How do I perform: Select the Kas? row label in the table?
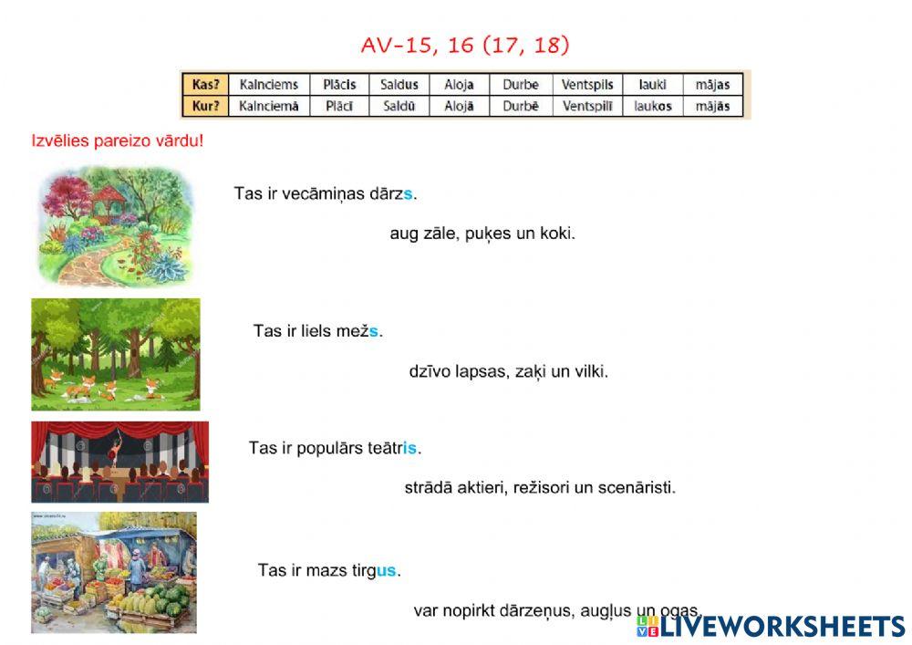pyautogui.click(x=203, y=84)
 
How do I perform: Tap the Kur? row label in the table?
pyautogui.click(x=203, y=106)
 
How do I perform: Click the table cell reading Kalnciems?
pyautogui.click(x=268, y=84)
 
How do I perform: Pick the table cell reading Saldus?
pyautogui.click(x=399, y=84)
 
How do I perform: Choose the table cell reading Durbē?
pyautogui.click(x=521, y=106)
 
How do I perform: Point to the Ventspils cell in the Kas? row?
pyautogui.click(x=590, y=84)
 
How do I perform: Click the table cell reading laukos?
pyautogui.click(x=652, y=106)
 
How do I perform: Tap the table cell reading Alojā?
pyautogui.click(x=459, y=106)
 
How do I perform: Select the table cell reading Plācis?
pyautogui.click(x=339, y=84)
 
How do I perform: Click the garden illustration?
pyautogui.click(x=114, y=225)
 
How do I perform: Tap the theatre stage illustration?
pyautogui.click(x=119, y=462)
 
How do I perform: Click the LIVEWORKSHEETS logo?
pyautogui.click(x=771, y=626)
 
